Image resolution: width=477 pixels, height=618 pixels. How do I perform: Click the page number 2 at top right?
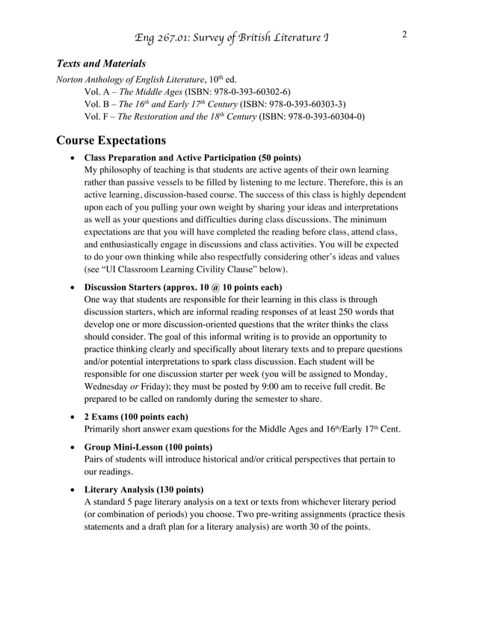[404, 34]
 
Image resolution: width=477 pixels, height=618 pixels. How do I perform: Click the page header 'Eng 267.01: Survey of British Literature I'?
[230, 38]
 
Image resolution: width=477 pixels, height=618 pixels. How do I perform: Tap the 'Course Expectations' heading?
[111, 139]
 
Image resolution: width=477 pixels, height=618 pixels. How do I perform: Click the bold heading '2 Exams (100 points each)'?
[136, 416]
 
